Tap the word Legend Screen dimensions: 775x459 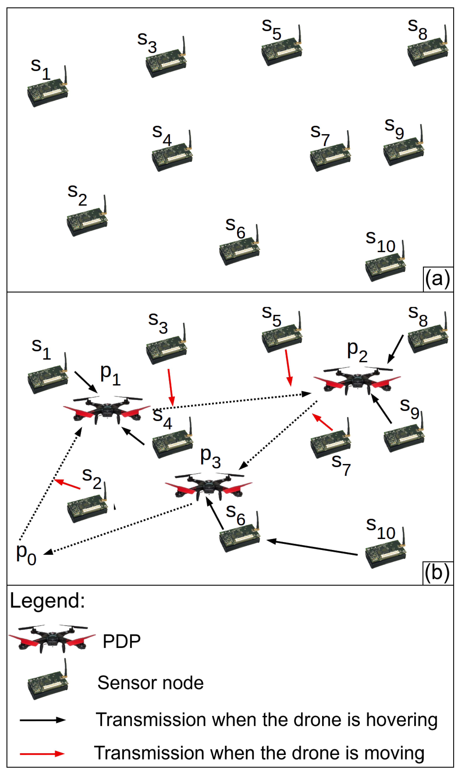47,601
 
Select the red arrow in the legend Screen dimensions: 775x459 42,754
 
